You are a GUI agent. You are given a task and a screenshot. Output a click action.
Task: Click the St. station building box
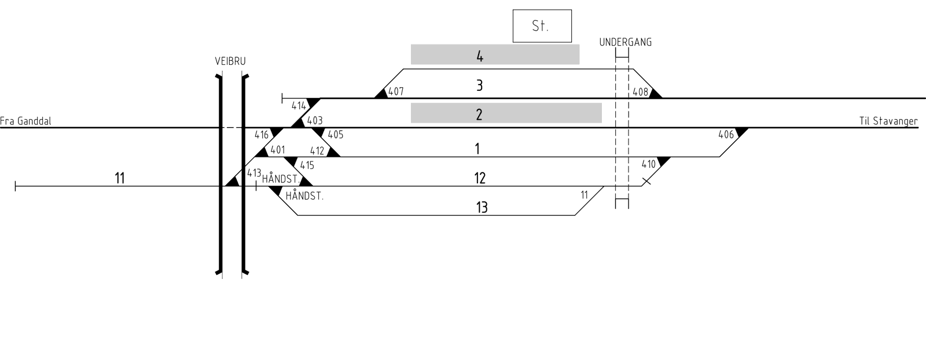542,26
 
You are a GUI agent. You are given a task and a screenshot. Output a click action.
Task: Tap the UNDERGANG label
626,42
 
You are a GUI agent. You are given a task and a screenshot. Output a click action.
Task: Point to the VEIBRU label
230,61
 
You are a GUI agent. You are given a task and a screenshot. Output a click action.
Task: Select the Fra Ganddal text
25,121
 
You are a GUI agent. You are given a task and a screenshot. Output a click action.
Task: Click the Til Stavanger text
888,121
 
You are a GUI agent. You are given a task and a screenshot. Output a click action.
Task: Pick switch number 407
396,91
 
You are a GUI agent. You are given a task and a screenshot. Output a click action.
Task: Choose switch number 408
640,92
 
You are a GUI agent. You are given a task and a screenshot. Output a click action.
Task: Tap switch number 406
726,134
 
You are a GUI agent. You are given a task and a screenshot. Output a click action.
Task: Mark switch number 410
649,164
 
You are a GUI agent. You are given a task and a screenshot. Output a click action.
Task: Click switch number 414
299,106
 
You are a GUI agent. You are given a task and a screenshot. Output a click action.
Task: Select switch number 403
315,121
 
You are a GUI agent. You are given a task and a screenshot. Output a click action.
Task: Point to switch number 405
335,135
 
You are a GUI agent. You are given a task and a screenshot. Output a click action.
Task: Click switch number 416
262,135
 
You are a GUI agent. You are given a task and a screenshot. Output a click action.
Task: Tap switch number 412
317,151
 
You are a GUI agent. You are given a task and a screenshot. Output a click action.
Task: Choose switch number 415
307,166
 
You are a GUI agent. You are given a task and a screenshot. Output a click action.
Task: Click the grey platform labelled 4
495,54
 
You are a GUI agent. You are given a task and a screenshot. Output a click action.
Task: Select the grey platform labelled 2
506,113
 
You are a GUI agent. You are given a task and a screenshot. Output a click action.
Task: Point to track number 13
482,207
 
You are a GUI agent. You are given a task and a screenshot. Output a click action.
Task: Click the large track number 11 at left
119,178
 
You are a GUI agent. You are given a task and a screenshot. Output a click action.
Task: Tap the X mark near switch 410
646,181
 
